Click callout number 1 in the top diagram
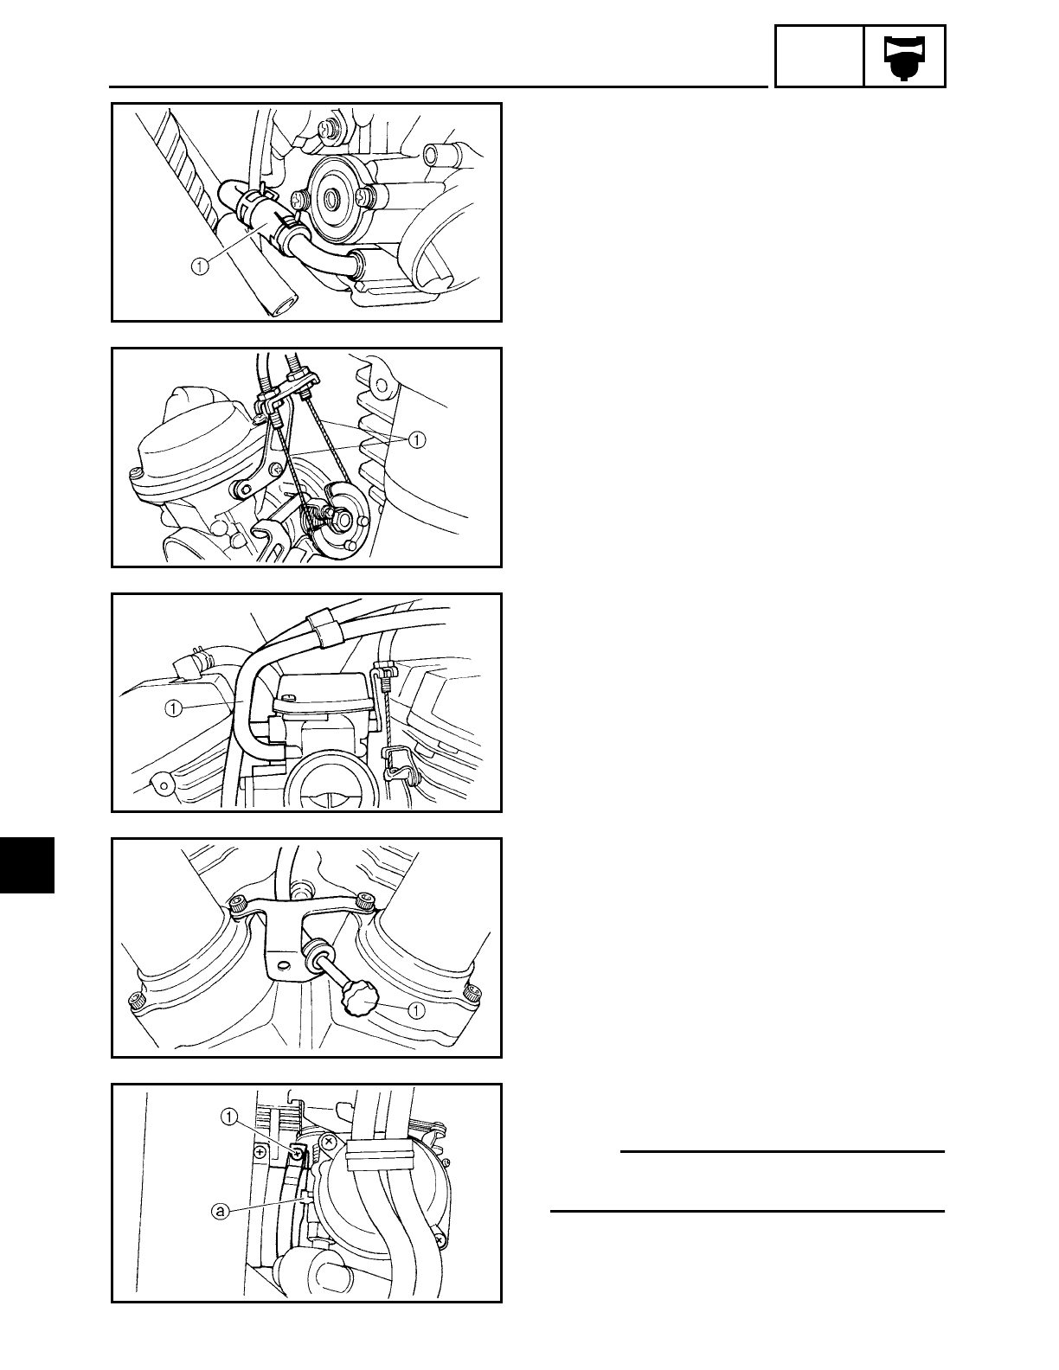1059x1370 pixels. tap(201, 267)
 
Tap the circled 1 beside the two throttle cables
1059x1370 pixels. tap(417, 440)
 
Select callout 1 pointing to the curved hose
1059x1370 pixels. tap(174, 708)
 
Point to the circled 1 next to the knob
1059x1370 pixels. tap(417, 1009)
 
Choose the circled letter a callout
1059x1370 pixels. tap(221, 1211)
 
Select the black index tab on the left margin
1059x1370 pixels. tap(27, 864)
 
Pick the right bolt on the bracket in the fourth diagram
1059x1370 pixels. tap(368, 899)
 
